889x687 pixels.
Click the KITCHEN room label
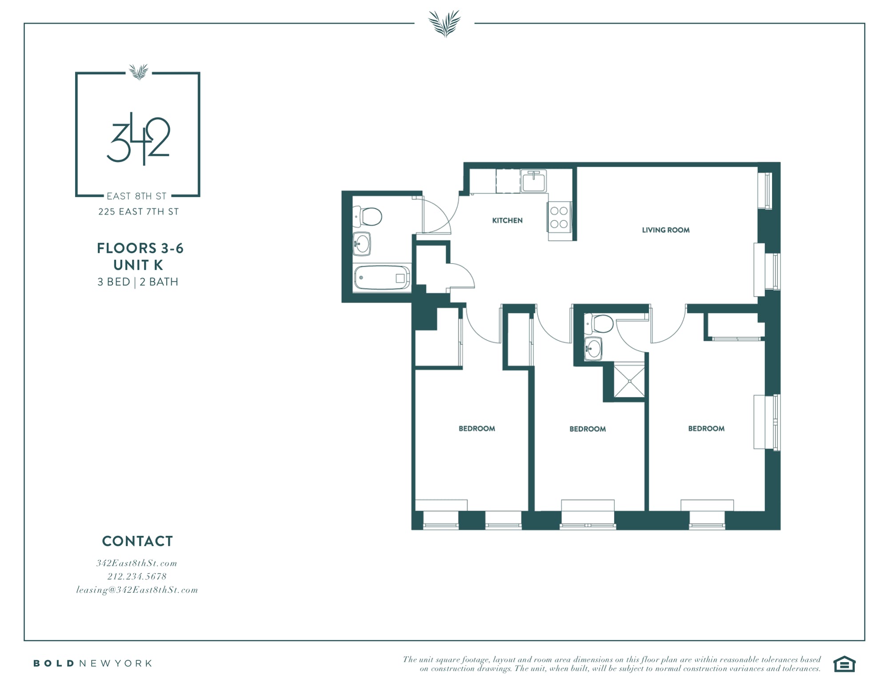pyautogui.click(x=507, y=220)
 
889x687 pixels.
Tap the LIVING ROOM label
pyautogui.click(x=665, y=230)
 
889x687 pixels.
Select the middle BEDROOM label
pyautogui.click(x=587, y=429)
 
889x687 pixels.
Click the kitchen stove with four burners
pyautogui.click(x=559, y=217)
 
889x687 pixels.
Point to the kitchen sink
pyautogui.click(x=534, y=181)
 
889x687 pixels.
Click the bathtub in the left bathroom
pyautogui.click(x=382, y=278)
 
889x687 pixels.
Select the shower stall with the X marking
pyautogui.click(x=629, y=380)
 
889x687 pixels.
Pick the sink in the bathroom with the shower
pyautogui.click(x=593, y=348)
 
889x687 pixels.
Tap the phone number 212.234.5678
pyautogui.click(x=137, y=576)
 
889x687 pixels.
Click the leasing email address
pyautogui.click(x=137, y=590)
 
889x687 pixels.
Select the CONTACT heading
pyautogui.click(x=137, y=541)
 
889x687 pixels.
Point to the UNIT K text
pyautogui.click(x=138, y=265)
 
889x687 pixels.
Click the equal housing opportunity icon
pyautogui.click(x=844, y=664)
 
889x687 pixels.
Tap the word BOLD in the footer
pyautogui.click(x=54, y=663)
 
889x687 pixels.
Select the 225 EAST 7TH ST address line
pyautogui.click(x=139, y=212)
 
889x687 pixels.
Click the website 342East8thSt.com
pyautogui.click(x=137, y=563)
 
